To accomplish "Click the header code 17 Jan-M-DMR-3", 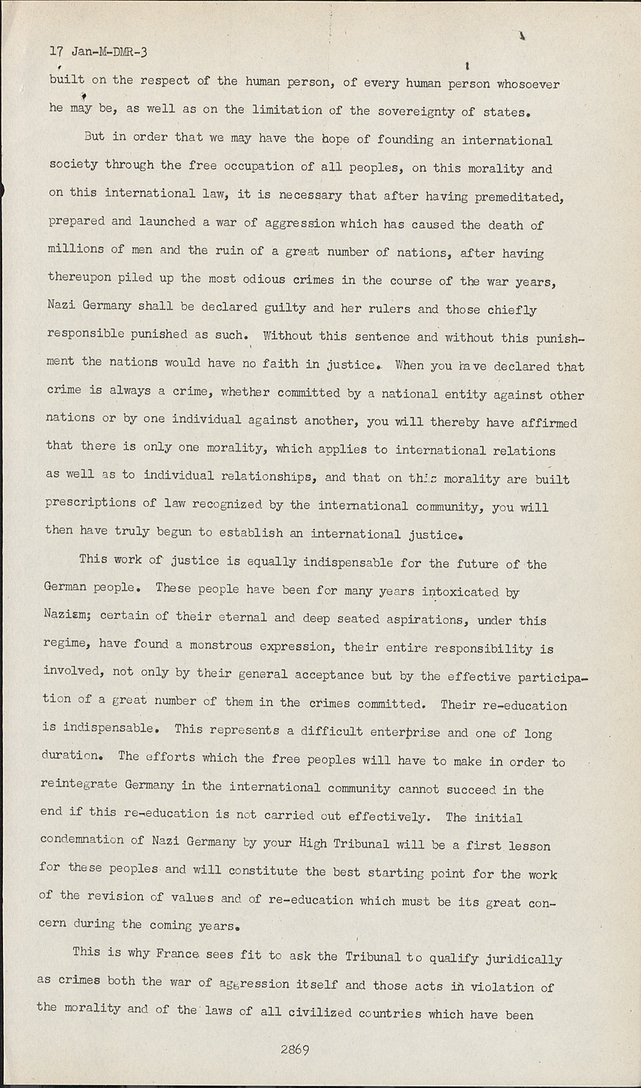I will click(x=98, y=51).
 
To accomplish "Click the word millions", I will click(x=75, y=249).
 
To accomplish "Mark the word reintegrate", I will click(x=79, y=786).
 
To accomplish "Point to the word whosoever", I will click(x=528, y=85).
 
